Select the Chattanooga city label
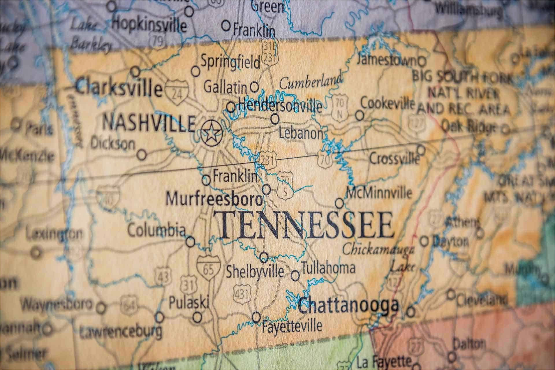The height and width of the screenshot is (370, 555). coord(348,306)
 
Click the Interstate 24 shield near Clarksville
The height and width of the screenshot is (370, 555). coord(176,90)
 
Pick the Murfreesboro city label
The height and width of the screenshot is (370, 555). coord(215,199)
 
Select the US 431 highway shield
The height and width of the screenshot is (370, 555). coord(241,294)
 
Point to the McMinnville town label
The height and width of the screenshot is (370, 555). coord(379,192)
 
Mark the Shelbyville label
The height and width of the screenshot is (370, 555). coord(255,271)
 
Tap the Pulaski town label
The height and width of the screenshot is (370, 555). coord(188,303)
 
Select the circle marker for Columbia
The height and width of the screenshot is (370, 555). coord(190,242)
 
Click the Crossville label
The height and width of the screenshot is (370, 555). coord(394,159)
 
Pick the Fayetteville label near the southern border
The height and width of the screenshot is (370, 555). coord(292,325)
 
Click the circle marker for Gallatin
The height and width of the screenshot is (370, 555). coord(254,86)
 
